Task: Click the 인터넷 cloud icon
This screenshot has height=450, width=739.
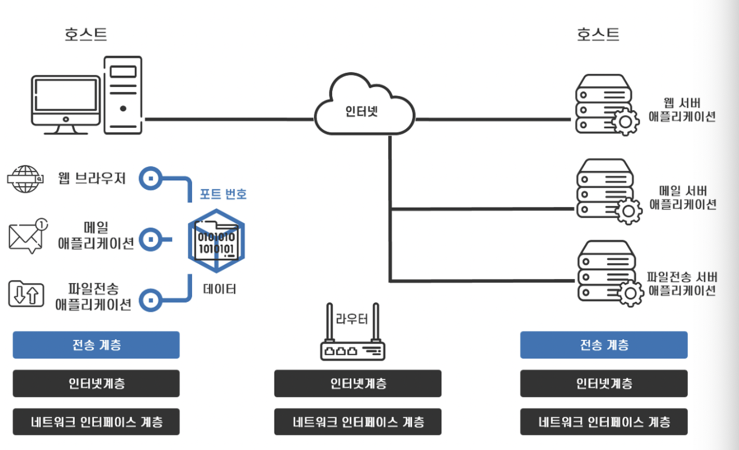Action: [x=364, y=104]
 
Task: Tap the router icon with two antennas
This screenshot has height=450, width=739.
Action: [x=353, y=332]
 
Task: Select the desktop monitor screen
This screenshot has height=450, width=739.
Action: [x=66, y=95]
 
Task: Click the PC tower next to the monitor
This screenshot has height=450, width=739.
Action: [x=123, y=95]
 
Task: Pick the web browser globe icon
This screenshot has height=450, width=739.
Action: [x=25, y=179]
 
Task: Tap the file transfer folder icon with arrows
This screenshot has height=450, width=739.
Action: [x=26, y=294]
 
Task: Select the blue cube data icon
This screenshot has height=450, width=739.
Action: [x=216, y=241]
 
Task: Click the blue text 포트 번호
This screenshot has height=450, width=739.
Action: [x=223, y=194]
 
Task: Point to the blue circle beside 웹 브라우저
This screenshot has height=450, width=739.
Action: [x=151, y=178]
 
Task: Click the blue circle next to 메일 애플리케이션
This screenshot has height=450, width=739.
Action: [x=151, y=240]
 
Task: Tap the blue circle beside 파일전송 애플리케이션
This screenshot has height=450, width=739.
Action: [x=151, y=300]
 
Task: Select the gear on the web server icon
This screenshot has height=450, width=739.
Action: [x=625, y=122]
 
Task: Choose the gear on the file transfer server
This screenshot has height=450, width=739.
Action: [x=630, y=293]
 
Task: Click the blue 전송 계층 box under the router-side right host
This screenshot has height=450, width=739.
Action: [x=604, y=345]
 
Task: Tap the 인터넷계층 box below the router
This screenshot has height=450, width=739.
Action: [x=358, y=383]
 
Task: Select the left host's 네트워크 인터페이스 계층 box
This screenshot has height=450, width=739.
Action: [x=96, y=421]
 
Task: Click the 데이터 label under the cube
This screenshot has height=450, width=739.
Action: [x=220, y=289]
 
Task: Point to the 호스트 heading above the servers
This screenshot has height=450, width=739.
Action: [x=598, y=34]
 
